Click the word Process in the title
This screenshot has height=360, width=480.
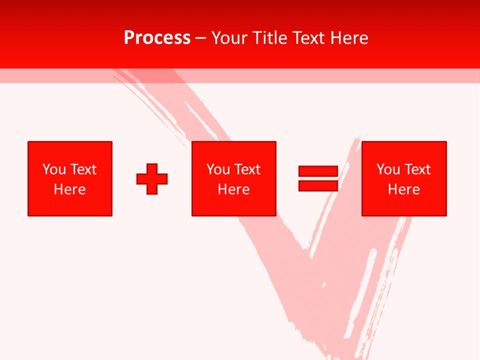point(157,38)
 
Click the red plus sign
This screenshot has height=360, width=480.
point(152,179)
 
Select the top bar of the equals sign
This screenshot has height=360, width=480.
point(318,171)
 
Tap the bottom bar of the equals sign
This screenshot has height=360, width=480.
point(318,185)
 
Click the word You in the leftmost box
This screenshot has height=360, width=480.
point(54,169)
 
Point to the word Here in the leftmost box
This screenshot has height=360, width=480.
point(69,189)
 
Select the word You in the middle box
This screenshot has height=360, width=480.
point(218,169)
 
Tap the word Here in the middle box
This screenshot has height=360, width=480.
point(233,189)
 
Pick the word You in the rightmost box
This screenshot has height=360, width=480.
point(388,169)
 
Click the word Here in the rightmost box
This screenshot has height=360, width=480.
point(403,189)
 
